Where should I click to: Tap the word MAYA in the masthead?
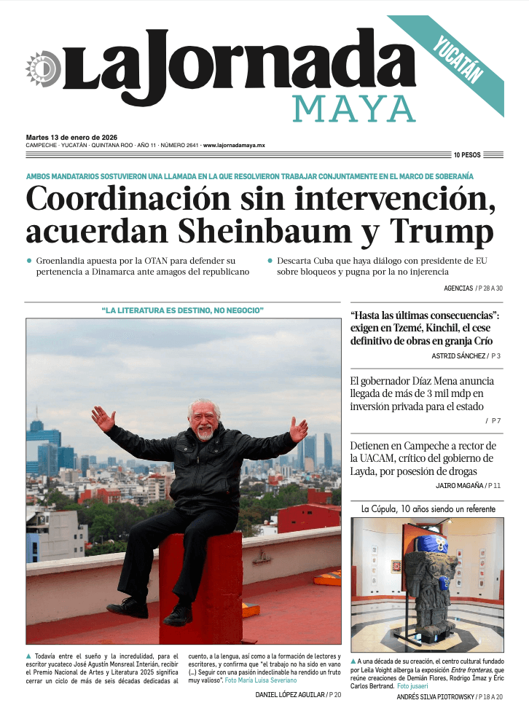click(x=354, y=109)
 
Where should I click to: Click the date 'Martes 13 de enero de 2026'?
click(x=71, y=137)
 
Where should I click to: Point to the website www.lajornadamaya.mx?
click(x=233, y=146)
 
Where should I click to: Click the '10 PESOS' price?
click(x=467, y=155)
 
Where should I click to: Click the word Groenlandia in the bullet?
click(x=67, y=260)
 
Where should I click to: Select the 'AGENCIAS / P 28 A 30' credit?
click(x=473, y=288)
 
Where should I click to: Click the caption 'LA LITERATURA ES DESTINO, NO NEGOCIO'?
click(x=182, y=311)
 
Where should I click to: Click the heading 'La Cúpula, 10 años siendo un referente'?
click(x=428, y=508)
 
